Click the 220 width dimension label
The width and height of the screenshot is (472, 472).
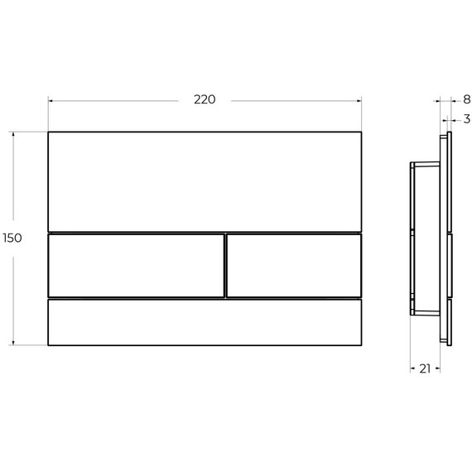tap(205, 100)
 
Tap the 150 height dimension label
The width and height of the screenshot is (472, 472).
tap(12, 238)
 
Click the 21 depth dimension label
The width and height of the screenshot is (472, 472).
tap(424, 368)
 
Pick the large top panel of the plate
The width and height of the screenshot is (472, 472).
tap(205, 181)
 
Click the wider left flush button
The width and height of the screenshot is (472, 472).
tap(136, 265)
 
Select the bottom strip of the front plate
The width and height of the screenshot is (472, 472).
tap(205, 322)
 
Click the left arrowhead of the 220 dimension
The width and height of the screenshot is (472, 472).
tap(51, 100)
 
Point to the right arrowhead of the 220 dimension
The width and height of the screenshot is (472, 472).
tap(359, 100)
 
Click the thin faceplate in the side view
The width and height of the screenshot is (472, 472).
tap(448, 237)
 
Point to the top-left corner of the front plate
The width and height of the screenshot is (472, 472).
tap(49, 132)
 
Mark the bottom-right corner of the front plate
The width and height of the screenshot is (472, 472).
tap(362, 345)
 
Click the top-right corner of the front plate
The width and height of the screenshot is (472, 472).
tap(362, 132)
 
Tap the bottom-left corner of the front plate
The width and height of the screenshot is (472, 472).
tap(49, 345)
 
